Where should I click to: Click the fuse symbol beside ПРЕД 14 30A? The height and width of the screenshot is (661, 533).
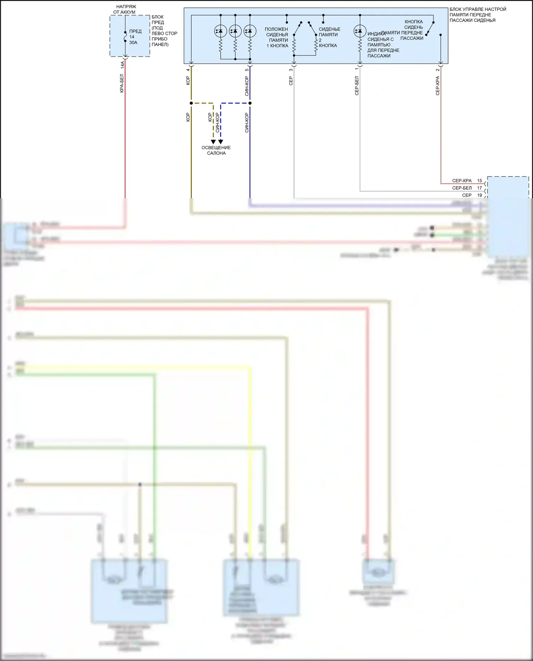(x=125, y=37)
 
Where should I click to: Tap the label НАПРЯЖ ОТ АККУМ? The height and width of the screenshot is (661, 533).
(x=125, y=9)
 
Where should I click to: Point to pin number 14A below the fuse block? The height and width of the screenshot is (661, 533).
(x=122, y=65)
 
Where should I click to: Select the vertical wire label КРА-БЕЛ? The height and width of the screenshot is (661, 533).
(x=122, y=84)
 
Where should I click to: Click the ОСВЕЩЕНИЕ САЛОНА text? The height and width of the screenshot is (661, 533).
(x=216, y=150)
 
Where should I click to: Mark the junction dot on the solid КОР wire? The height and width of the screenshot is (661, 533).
(x=191, y=103)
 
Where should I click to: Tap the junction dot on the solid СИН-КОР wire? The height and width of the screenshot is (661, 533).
(x=250, y=103)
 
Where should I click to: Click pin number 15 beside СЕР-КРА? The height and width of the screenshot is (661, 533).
(x=479, y=181)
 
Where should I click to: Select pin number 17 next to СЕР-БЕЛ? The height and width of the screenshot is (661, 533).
(x=479, y=188)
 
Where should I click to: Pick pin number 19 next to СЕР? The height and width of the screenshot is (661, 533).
(x=479, y=195)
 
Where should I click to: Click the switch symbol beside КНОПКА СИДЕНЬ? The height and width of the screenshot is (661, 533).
(x=430, y=28)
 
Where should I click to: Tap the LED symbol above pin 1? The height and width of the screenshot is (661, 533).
(x=360, y=31)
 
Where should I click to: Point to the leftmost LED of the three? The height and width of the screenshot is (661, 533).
(x=220, y=31)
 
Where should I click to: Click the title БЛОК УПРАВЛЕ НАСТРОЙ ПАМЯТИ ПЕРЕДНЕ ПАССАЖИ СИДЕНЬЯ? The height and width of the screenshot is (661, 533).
(x=477, y=15)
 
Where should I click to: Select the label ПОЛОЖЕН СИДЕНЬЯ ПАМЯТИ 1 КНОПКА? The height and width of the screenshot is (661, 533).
(x=277, y=37)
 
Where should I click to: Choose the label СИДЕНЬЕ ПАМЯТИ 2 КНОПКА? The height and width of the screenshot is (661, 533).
(x=329, y=37)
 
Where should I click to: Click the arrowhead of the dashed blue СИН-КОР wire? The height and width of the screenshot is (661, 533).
(x=221, y=142)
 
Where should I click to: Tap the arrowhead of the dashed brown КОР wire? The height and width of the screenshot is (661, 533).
(x=213, y=142)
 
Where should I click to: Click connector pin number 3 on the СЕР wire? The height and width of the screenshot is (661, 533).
(x=291, y=70)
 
